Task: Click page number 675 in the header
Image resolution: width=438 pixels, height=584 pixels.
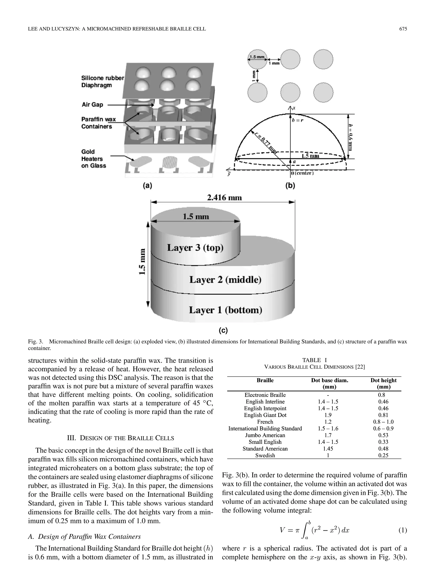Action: click(x=403, y=29)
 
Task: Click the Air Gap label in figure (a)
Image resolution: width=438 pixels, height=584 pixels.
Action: click(x=92, y=105)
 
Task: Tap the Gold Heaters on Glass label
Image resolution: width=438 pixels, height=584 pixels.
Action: click(x=93, y=159)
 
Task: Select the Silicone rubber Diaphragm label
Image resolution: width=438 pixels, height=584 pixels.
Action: click(x=102, y=82)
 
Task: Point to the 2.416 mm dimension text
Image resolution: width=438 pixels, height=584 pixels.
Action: click(x=224, y=198)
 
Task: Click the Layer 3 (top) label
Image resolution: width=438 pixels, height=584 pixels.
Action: click(x=195, y=248)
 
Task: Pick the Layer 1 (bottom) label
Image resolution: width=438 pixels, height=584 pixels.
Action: click(x=225, y=310)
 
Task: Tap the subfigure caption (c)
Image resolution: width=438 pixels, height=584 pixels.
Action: click(x=223, y=330)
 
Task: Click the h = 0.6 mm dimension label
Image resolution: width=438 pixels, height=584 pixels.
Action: click(x=350, y=137)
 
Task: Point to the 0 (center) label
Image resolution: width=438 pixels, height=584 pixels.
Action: click(x=302, y=173)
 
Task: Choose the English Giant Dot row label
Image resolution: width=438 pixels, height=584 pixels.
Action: click(x=265, y=415)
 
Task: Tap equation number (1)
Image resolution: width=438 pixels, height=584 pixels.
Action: click(x=402, y=530)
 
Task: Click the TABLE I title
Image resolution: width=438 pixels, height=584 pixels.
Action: click(x=314, y=360)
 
